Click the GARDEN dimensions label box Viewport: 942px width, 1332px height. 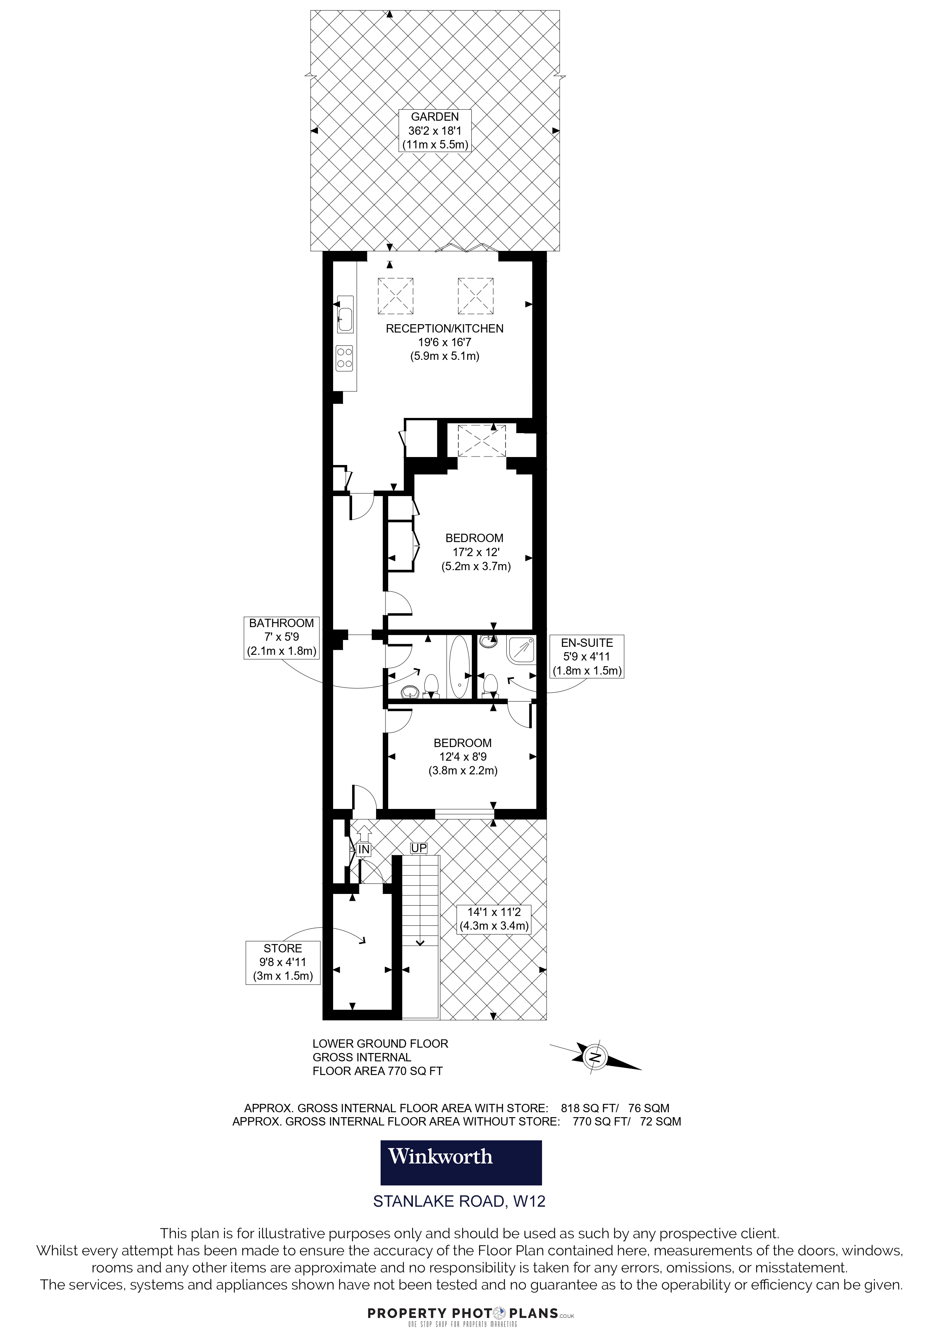coord(435,131)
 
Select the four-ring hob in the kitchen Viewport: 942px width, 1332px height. coord(345,358)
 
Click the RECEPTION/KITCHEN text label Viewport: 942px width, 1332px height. coord(444,328)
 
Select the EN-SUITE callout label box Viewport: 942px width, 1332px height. coord(587,656)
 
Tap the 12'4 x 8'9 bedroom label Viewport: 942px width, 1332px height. coord(463,757)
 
